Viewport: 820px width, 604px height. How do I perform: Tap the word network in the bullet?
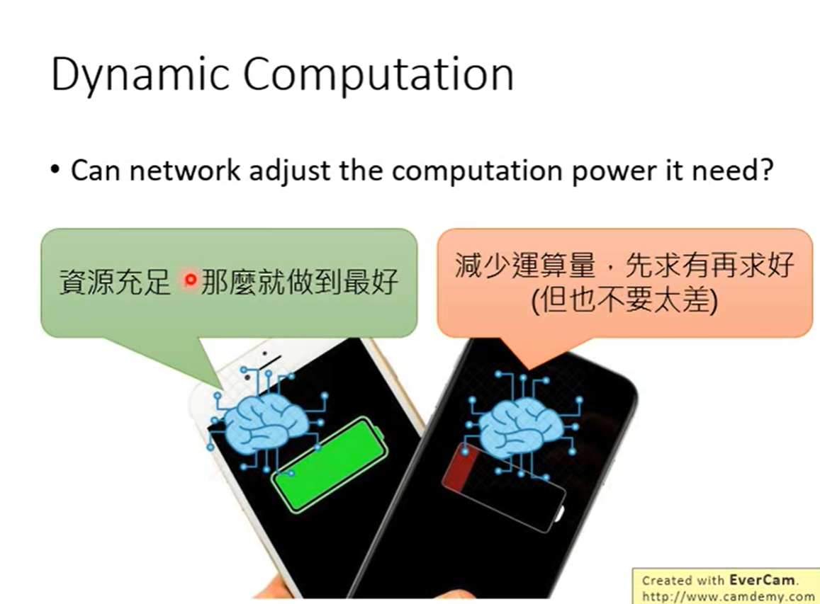185,171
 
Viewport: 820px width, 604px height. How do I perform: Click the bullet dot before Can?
55,171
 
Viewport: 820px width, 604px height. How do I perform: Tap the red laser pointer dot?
191,280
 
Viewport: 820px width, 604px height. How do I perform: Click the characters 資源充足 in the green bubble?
115,282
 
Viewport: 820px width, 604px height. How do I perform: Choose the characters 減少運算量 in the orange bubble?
525,265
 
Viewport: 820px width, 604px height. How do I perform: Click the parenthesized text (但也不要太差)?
624,300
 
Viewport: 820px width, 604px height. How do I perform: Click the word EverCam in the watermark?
762,580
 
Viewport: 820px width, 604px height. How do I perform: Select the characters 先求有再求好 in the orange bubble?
710,265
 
